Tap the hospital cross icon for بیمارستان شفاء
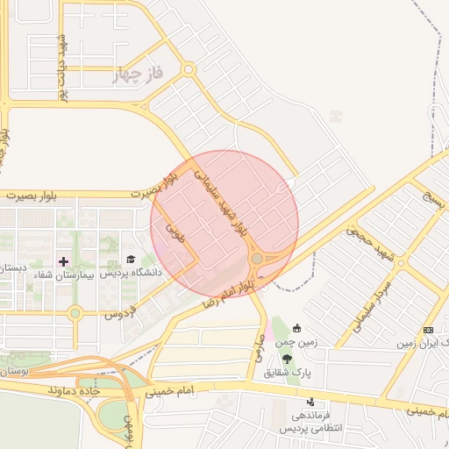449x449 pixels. (x=63, y=260)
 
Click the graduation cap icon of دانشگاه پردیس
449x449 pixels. (x=131, y=260)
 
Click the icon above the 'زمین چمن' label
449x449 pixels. (x=296, y=328)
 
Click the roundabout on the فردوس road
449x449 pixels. (x=75, y=311)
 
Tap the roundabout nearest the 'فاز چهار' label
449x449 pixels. (x=188, y=68)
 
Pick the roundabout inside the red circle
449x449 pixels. (x=259, y=259)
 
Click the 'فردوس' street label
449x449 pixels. (x=122, y=311)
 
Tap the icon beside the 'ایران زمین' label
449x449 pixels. (x=428, y=330)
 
